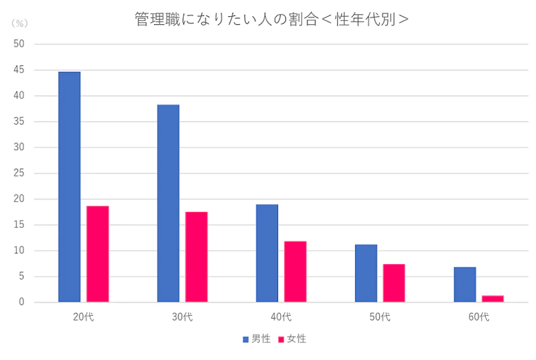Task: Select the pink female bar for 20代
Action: [x=98, y=254]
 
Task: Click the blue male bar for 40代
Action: [x=267, y=253]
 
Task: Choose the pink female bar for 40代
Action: [x=295, y=272]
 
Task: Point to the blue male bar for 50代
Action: [x=366, y=274]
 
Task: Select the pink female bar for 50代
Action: [x=394, y=283]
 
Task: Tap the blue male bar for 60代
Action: [x=465, y=285]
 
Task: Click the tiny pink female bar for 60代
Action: [x=493, y=299]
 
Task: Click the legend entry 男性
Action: [x=257, y=339]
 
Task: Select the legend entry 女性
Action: [x=292, y=339]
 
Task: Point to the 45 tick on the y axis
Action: [x=19, y=70]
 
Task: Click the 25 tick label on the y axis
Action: [x=19, y=173]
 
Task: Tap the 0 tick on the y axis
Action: [x=21, y=302]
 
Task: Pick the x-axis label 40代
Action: [x=281, y=316]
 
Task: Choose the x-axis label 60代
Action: [x=479, y=316]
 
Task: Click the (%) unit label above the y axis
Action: [x=19, y=23]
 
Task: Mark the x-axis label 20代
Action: [x=84, y=316]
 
